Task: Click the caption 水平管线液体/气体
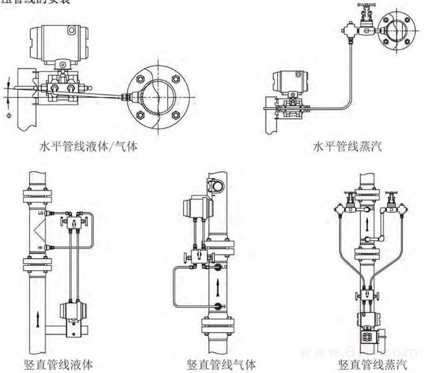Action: [x=88, y=148]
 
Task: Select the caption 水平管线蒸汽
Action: [x=347, y=148]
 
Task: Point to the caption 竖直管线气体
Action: [x=220, y=364]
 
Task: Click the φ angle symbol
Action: [x=8, y=115]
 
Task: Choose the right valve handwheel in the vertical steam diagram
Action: [x=390, y=193]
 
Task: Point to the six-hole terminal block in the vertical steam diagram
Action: [x=368, y=337]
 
